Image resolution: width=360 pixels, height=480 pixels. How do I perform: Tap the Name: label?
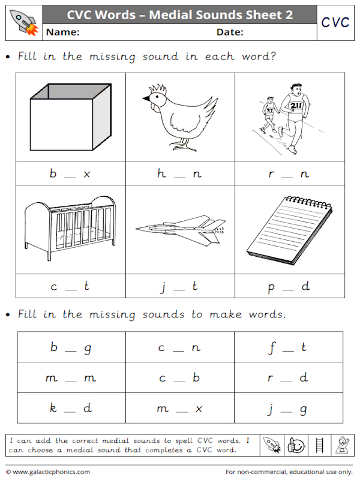[62, 32]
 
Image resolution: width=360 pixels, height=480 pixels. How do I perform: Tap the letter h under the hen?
[161, 173]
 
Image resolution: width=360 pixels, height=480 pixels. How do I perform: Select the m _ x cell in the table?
[179, 409]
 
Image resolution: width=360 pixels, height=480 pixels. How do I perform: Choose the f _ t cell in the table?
[289, 347]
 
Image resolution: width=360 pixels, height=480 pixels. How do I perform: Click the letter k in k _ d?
[53, 408]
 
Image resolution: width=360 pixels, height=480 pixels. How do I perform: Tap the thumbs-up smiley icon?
[296, 445]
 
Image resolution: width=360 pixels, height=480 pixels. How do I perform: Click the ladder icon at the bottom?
[319, 445]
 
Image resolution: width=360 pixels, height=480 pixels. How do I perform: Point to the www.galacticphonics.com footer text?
[50, 472]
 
